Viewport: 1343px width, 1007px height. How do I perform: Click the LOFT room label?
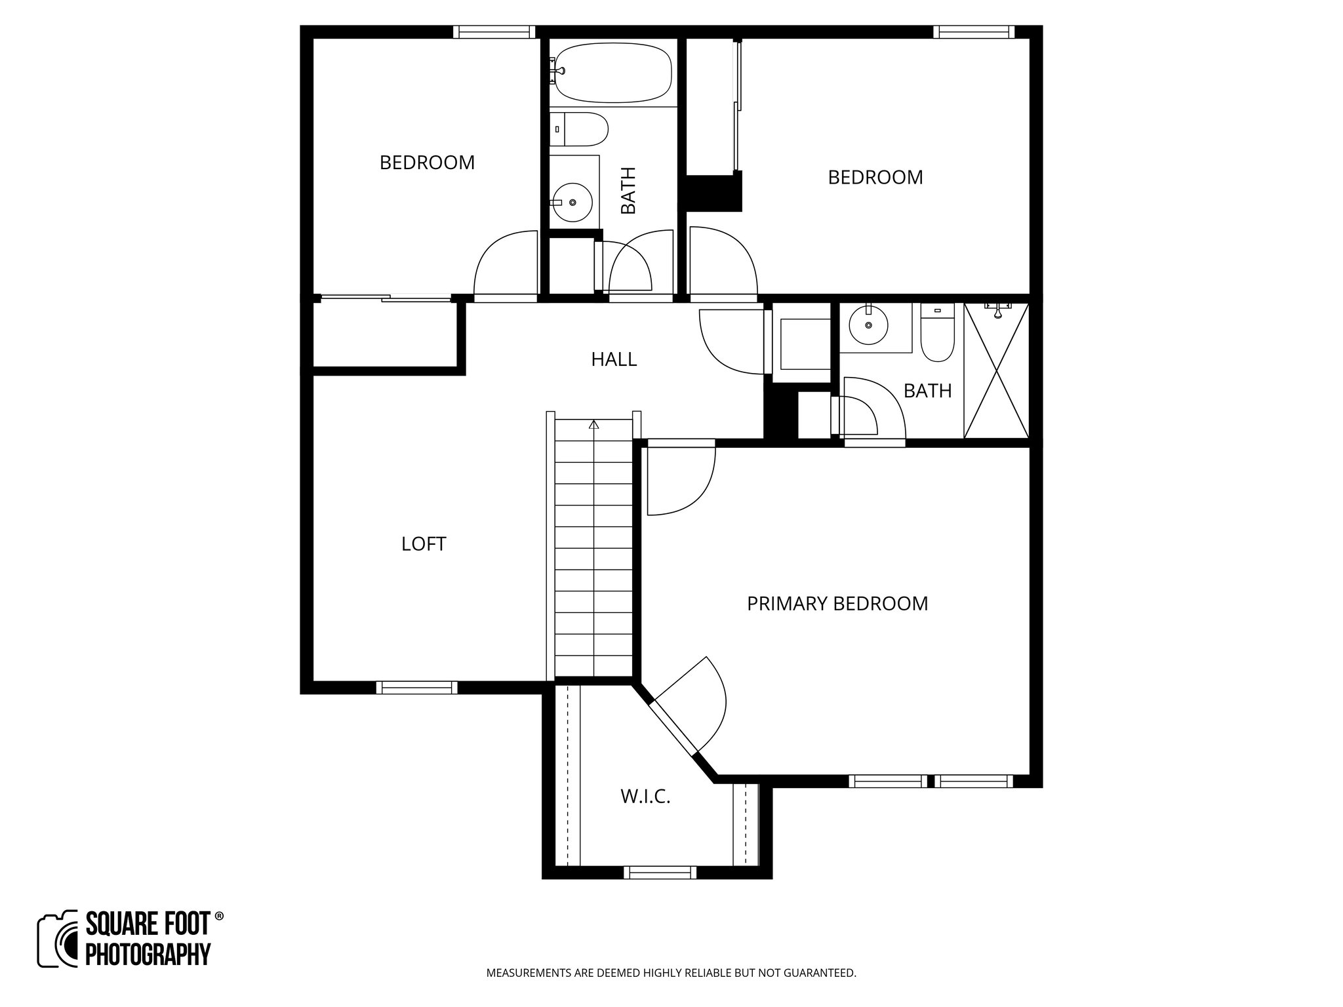pos(424,543)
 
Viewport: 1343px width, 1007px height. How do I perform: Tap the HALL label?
pos(614,359)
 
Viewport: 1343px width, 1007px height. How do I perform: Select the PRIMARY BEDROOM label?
pos(837,603)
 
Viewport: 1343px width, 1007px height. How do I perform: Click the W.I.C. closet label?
pos(645,797)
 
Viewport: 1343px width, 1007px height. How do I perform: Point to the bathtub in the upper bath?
pos(613,72)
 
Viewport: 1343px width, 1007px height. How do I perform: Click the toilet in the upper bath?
pos(580,130)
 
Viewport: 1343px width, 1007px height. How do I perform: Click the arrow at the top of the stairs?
pos(594,425)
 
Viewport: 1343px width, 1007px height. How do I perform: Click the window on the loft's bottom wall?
pos(417,687)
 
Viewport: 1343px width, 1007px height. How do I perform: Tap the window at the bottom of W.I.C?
pos(660,872)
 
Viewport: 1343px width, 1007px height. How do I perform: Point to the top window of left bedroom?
pos(494,31)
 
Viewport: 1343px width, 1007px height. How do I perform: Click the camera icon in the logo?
pos(58,939)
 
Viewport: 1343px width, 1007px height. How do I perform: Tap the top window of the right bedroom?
pos(974,31)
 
